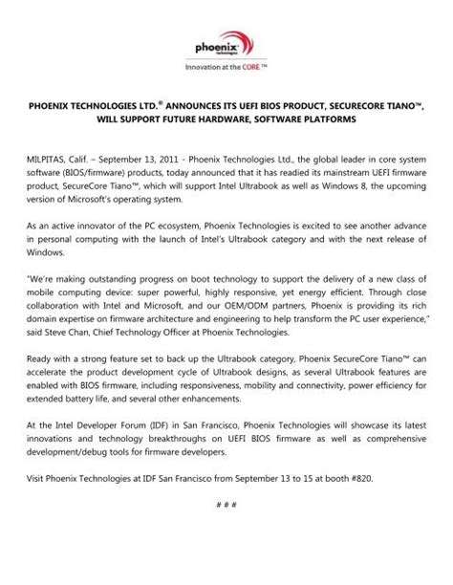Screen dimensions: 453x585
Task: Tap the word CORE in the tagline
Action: pos(250,68)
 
